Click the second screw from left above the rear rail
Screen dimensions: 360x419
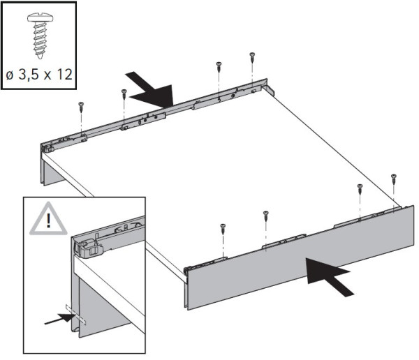[x=124, y=92]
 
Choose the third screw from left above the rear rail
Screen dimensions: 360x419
[x=219, y=66]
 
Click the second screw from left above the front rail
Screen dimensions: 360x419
[x=265, y=214]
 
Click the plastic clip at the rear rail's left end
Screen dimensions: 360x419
[x=48, y=147]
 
